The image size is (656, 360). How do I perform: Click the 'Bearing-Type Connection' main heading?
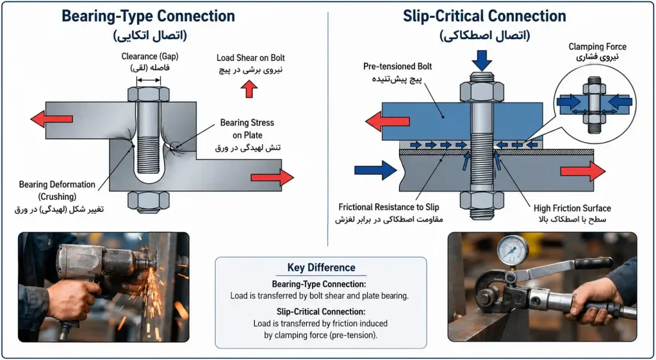tap(148, 16)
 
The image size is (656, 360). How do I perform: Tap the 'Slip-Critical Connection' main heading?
tap(484, 16)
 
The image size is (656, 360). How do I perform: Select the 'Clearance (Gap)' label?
tap(148, 56)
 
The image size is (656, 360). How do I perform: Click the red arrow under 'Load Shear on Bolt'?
tap(249, 88)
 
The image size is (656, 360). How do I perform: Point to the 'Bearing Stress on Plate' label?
tap(247, 129)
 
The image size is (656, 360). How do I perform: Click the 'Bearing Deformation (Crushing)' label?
tap(57, 190)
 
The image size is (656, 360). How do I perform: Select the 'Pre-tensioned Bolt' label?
tap(397, 67)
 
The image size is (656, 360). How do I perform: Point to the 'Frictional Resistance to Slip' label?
tap(389, 208)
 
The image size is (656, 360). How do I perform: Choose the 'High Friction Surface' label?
tap(572, 208)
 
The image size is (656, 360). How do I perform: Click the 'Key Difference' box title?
tap(322, 268)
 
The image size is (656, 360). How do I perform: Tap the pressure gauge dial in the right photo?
tap(512, 250)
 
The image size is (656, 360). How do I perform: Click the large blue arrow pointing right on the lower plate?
tap(375, 170)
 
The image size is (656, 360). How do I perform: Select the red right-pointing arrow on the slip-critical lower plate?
tap(583, 171)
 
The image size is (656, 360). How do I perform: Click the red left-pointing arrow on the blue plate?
tap(387, 121)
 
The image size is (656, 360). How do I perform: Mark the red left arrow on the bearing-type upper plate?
tap(51, 119)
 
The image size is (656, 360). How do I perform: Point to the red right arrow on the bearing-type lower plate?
tap(272, 177)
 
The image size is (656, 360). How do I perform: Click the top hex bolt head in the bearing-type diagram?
tap(149, 95)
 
